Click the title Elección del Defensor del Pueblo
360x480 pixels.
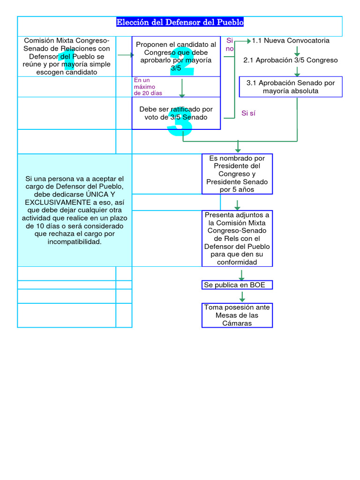(180, 22)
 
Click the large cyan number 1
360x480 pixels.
(69, 60)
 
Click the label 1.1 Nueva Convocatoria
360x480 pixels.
(291, 41)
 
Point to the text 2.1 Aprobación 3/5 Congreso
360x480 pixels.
(291, 60)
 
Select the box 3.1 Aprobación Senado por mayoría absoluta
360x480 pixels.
(291, 87)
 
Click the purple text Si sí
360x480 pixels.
(248, 113)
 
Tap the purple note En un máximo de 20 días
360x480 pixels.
(148, 87)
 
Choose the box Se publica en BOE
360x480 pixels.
(237, 285)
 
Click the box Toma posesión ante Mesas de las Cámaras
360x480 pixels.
(237, 315)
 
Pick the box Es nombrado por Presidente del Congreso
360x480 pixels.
(237, 174)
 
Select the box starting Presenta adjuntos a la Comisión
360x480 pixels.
(237, 238)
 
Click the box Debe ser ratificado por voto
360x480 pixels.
(176, 113)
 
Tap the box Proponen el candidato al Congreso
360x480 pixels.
(176, 56)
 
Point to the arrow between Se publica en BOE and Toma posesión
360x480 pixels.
(242, 296)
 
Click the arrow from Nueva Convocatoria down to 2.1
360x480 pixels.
(297, 51)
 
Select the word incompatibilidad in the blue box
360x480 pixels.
(75, 242)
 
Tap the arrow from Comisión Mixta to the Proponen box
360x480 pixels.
(126, 55)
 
